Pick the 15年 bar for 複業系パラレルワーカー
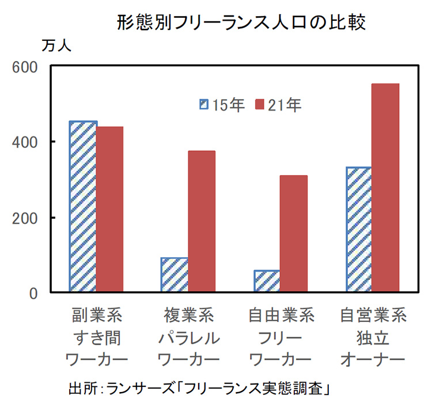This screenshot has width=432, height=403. tap(175, 275)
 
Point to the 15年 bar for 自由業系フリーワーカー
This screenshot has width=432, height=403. tap(267, 280)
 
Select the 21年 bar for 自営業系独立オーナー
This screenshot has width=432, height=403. tap(385, 188)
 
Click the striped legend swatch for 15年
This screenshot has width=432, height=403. tap(204, 105)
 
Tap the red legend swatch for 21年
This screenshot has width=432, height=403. tap(259, 105)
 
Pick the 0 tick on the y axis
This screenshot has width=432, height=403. tap(33, 293)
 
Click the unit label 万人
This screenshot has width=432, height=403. tap(56, 46)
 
